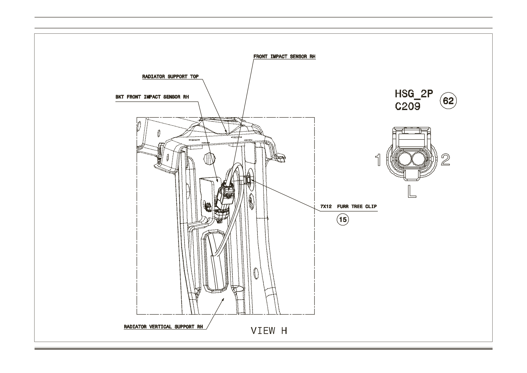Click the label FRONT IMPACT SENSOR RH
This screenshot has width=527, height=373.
click(x=284, y=57)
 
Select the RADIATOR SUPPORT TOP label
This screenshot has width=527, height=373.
click(x=170, y=77)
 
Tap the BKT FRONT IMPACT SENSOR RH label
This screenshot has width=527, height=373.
click(x=152, y=97)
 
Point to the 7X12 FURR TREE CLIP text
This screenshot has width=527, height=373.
click(x=348, y=206)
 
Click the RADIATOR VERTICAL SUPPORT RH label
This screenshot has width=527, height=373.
click(x=163, y=327)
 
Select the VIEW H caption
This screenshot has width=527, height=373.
click(x=269, y=331)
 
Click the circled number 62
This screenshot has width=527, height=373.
click(x=448, y=101)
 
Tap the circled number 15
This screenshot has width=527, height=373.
click(x=343, y=219)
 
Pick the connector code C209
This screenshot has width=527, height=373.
click(x=408, y=107)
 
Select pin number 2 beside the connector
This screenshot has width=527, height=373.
click(x=445, y=160)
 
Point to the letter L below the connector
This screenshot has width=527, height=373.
click(x=412, y=192)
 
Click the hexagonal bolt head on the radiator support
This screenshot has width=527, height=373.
click(x=209, y=159)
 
